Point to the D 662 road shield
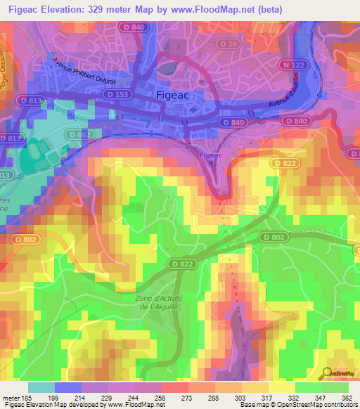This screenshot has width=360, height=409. (79, 134)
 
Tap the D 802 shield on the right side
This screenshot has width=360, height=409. (276, 238)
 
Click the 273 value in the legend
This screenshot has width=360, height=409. (186, 398)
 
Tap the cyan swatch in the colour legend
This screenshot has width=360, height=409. (41, 387)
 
